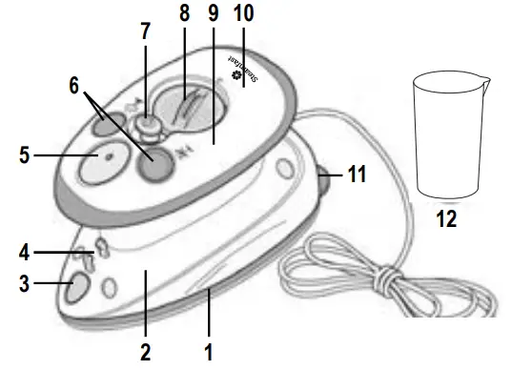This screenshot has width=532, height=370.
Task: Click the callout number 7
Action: click(145, 31)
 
